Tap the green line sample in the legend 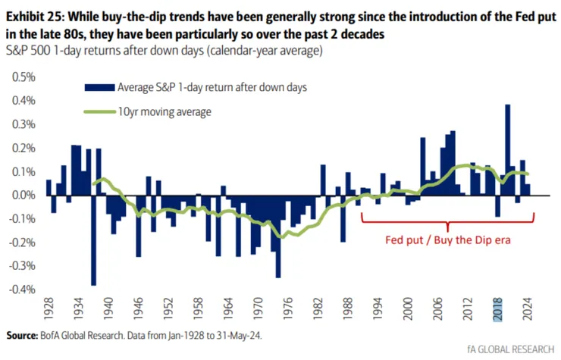click(101, 112)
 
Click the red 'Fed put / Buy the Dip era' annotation click(447, 239)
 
